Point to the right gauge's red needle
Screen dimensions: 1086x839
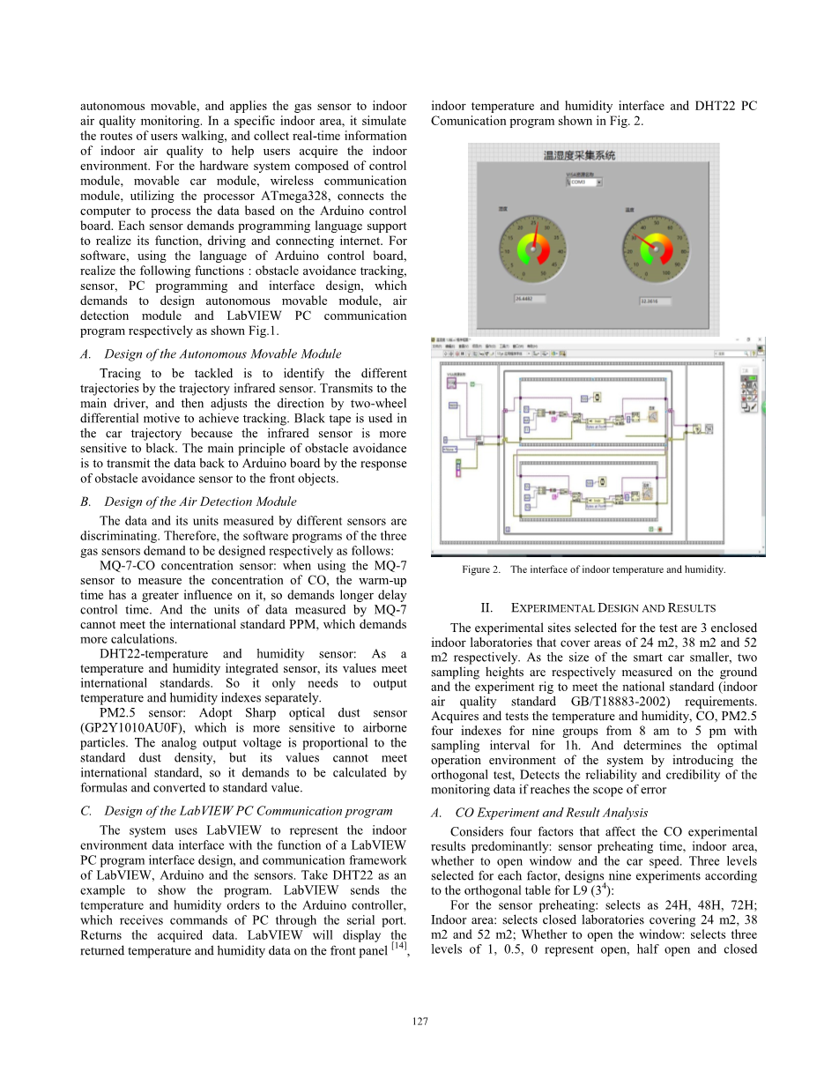tap(643, 242)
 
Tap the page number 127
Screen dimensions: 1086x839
tap(419, 1021)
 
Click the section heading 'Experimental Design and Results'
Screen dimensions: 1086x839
tap(598, 607)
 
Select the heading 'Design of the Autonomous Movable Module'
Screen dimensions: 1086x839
tap(222, 353)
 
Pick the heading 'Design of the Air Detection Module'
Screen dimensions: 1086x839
tap(200, 502)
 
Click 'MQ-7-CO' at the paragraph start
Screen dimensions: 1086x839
tap(130, 564)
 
